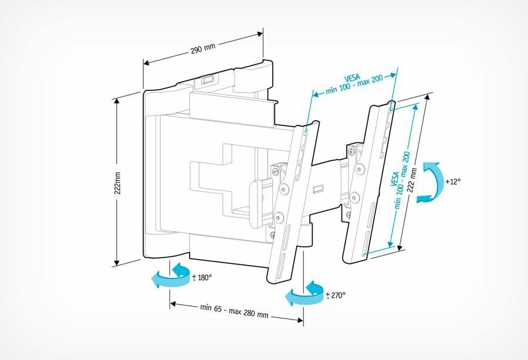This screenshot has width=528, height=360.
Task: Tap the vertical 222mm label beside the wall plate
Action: click(118, 183)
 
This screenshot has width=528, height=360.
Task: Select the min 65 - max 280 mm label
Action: click(234, 311)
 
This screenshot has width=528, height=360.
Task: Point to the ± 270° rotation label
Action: click(336, 295)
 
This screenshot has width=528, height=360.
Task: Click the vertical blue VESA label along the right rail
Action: click(401, 179)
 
